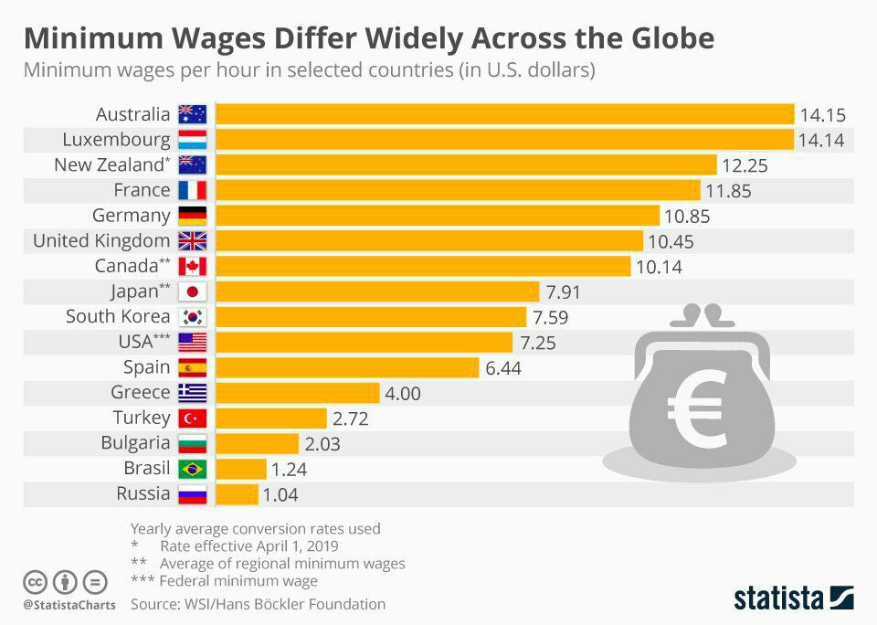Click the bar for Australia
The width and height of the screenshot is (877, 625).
pyautogui.click(x=504, y=114)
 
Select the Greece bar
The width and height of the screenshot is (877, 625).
pyautogui.click(x=297, y=393)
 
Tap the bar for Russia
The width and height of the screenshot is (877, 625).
pyautogui.click(x=237, y=494)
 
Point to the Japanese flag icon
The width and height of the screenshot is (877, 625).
pyautogui.click(x=193, y=292)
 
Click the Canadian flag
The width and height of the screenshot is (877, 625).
pyautogui.click(x=193, y=267)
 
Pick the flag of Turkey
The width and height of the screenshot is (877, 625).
pyautogui.click(x=193, y=418)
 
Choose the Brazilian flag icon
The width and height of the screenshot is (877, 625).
pyautogui.click(x=193, y=469)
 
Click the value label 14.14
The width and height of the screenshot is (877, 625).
pyautogui.click(x=822, y=141)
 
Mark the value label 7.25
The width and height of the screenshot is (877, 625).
pyautogui.click(x=538, y=344)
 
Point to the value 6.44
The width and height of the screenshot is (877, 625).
pyautogui.click(x=504, y=368)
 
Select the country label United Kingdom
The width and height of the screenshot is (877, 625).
pyautogui.click(x=101, y=241)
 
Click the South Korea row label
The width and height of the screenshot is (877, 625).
pyautogui.click(x=118, y=317)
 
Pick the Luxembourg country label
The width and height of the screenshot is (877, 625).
pyautogui.click(x=116, y=140)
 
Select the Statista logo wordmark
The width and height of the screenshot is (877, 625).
pyautogui.click(x=778, y=599)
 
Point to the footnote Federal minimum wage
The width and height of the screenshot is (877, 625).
pyautogui.click(x=238, y=580)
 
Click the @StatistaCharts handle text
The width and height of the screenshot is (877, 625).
pyautogui.click(x=69, y=605)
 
